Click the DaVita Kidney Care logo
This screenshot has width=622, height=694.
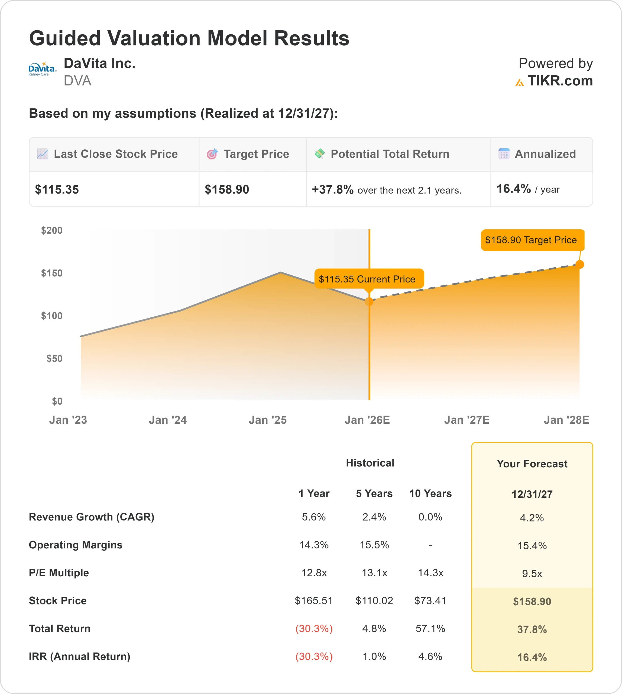point(42,69)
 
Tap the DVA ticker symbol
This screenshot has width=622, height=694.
point(77,81)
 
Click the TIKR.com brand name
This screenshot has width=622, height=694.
point(560,81)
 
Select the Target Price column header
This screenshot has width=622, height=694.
point(256,154)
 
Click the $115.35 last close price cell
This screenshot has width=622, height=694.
point(57,189)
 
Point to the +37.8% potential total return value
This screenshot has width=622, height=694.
point(332,189)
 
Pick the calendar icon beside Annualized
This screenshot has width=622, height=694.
point(504,154)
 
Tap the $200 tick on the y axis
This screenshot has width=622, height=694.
point(52,230)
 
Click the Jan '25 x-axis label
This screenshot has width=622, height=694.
point(268,420)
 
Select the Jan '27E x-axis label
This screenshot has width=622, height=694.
point(466,420)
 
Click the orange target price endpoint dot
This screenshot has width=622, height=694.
point(580,264)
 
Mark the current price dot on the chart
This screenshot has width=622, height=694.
point(369,302)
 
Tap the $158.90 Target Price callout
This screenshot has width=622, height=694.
point(532,240)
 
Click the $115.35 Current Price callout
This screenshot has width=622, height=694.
point(369,279)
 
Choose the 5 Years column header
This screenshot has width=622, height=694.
point(374,494)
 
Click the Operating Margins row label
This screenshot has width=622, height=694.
point(76,545)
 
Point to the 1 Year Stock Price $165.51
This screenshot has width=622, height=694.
point(314,601)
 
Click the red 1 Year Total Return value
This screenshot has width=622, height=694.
point(314,629)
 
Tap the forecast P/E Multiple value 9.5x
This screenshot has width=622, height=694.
point(532,574)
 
